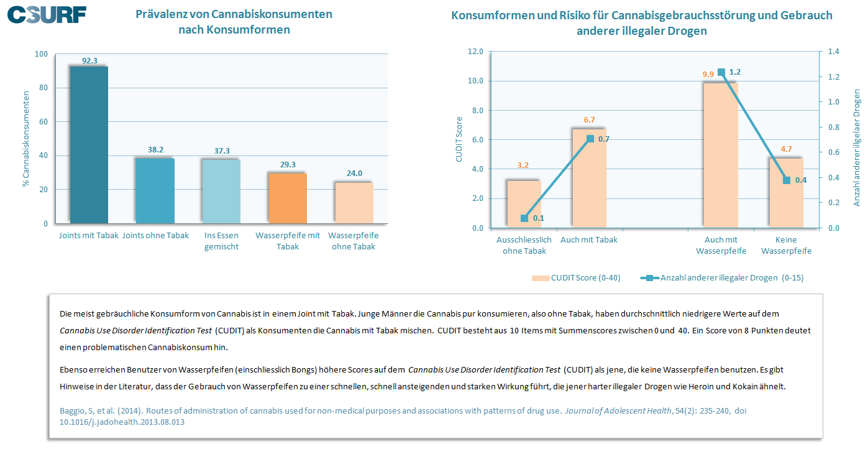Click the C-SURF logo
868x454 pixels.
(x=47, y=14)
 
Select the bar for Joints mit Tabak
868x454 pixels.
(x=89, y=144)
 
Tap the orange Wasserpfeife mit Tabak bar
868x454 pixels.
(x=288, y=198)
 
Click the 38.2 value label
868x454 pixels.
(x=155, y=150)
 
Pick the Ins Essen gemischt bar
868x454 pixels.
(x=222, y=191)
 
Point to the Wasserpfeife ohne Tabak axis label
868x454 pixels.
(x=354, y=241)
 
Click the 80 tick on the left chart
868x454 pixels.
(x=42, y=88)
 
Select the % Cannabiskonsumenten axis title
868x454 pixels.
(x=26, y=139)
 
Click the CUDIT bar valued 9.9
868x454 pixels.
(x=721, y=155)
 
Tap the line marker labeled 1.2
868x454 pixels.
(x=721, y=73)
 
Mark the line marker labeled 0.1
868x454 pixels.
(x=524, y=218)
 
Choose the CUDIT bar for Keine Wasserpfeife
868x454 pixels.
(x=786, y=193)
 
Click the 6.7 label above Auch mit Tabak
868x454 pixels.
(x=590, y=120)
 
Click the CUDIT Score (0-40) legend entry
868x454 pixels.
(x=576, y=278)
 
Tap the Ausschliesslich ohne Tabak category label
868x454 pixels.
(x=524, y=245)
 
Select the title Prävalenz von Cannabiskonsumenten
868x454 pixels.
(x=234, y=14)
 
